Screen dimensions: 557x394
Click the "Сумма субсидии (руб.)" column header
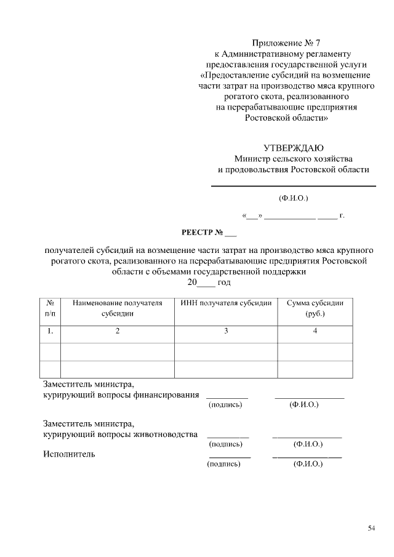[315, 308]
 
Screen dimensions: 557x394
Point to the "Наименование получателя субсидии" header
[117, 308]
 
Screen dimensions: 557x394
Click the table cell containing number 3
[226, 331]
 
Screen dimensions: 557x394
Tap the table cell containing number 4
[315, 331]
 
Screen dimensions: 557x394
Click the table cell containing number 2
[117, 331]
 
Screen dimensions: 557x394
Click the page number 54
[372, 528]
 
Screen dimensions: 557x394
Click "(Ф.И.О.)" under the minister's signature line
[293, 198]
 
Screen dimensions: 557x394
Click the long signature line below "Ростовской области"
[294, 186]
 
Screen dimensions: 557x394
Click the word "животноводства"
[166, 434]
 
